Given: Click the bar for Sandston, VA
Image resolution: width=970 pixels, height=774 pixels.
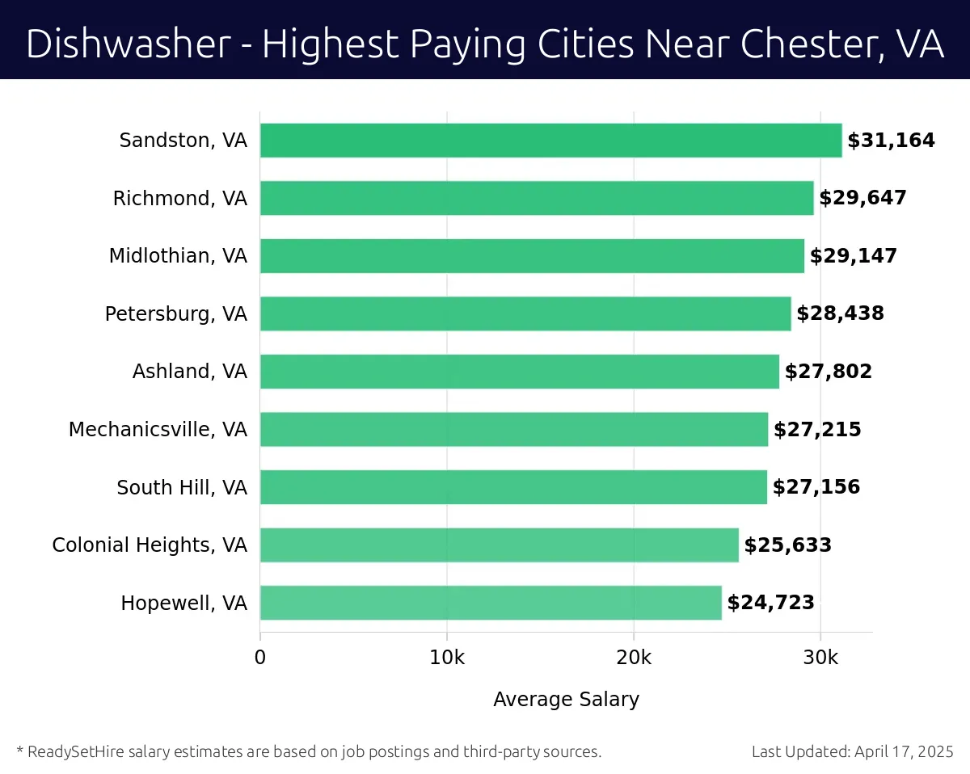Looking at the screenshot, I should point(550,141).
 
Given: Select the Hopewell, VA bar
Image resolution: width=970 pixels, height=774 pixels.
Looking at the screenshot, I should point(491,603).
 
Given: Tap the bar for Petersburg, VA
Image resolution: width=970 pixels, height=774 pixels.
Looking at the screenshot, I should point(525,313).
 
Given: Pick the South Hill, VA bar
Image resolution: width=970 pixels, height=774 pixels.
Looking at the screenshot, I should point(513,487).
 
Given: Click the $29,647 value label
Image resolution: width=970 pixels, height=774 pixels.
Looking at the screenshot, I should point(862,198).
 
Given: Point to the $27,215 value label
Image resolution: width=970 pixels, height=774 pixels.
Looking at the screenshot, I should point(817,430).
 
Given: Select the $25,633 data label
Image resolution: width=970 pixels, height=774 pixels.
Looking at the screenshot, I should point(787,545).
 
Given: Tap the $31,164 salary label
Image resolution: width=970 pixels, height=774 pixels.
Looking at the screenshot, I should point(891,141).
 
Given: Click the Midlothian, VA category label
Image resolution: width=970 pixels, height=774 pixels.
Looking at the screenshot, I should point(178,256).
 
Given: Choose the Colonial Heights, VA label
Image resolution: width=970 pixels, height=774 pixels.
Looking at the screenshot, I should point(150,545).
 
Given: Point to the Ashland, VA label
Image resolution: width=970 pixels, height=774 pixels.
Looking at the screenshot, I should point(190,372).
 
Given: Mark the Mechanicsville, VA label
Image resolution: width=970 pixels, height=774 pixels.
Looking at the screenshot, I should point(158,430).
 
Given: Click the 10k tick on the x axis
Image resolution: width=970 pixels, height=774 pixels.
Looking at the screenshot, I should point(447,658).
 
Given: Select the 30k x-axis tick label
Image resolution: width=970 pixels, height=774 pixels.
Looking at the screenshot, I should point(820,658).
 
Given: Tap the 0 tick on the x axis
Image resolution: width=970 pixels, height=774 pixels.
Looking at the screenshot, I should point(260,658).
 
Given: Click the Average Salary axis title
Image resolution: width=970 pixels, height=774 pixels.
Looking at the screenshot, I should point(566,700).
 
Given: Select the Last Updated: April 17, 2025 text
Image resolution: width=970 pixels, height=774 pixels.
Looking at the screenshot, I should point(852,751).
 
